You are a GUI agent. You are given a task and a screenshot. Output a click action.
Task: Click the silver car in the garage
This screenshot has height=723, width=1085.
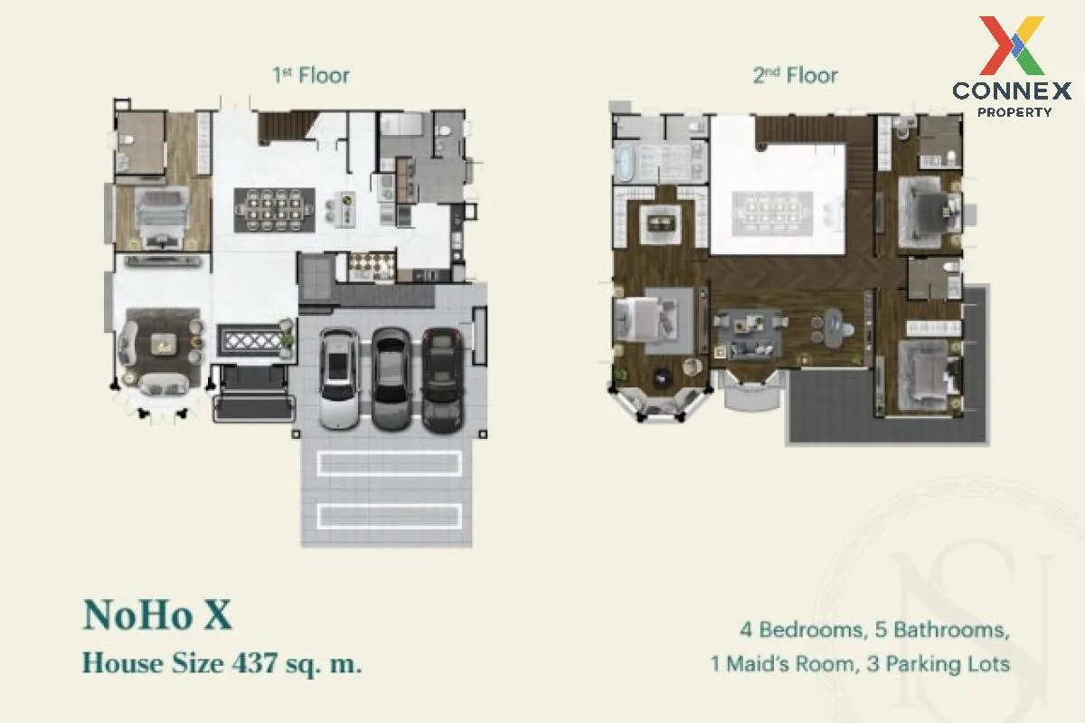click(339, 379)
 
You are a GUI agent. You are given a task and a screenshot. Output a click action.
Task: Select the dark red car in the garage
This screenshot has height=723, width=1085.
click(443, 380)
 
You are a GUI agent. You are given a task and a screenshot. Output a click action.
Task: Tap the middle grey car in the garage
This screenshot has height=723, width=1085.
click(392, 379)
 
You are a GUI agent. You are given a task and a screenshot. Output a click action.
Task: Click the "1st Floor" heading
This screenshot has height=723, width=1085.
click(311, 76)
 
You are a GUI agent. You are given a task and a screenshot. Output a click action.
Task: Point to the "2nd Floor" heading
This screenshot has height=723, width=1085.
click(795, 76)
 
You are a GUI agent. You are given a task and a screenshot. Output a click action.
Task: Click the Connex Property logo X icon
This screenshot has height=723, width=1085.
click(1012, 45)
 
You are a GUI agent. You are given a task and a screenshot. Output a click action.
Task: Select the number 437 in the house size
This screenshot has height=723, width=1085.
click(255, 663)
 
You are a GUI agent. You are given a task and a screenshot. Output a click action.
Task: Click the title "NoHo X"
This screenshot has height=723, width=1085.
click(157, 615)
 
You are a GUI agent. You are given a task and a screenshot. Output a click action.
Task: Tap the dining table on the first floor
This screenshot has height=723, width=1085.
click(275, 211)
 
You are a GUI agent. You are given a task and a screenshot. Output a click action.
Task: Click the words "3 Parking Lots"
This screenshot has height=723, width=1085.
click(938, 664)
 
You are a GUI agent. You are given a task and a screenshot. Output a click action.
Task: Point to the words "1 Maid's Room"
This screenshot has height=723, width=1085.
click(782, 664)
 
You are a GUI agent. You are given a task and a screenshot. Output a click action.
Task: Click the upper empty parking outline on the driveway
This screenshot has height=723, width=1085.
click(389, 463)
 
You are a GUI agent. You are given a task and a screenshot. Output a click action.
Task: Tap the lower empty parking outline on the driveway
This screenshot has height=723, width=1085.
click(389, 516)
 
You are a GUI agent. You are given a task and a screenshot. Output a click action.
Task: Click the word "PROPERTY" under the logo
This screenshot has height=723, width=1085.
click(1014, 112)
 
